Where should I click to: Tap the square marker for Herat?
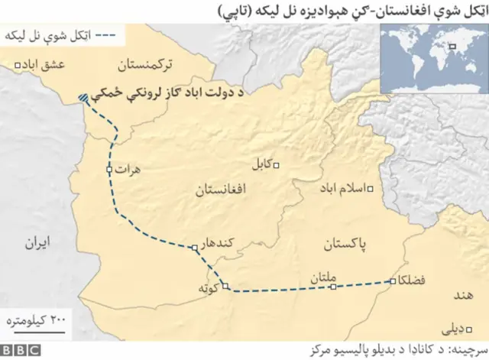pos(109,170)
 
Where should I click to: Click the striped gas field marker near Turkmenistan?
pos(83,98)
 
